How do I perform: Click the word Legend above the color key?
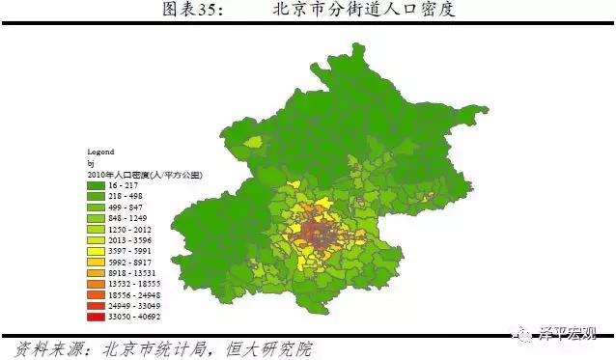pos(100,152)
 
